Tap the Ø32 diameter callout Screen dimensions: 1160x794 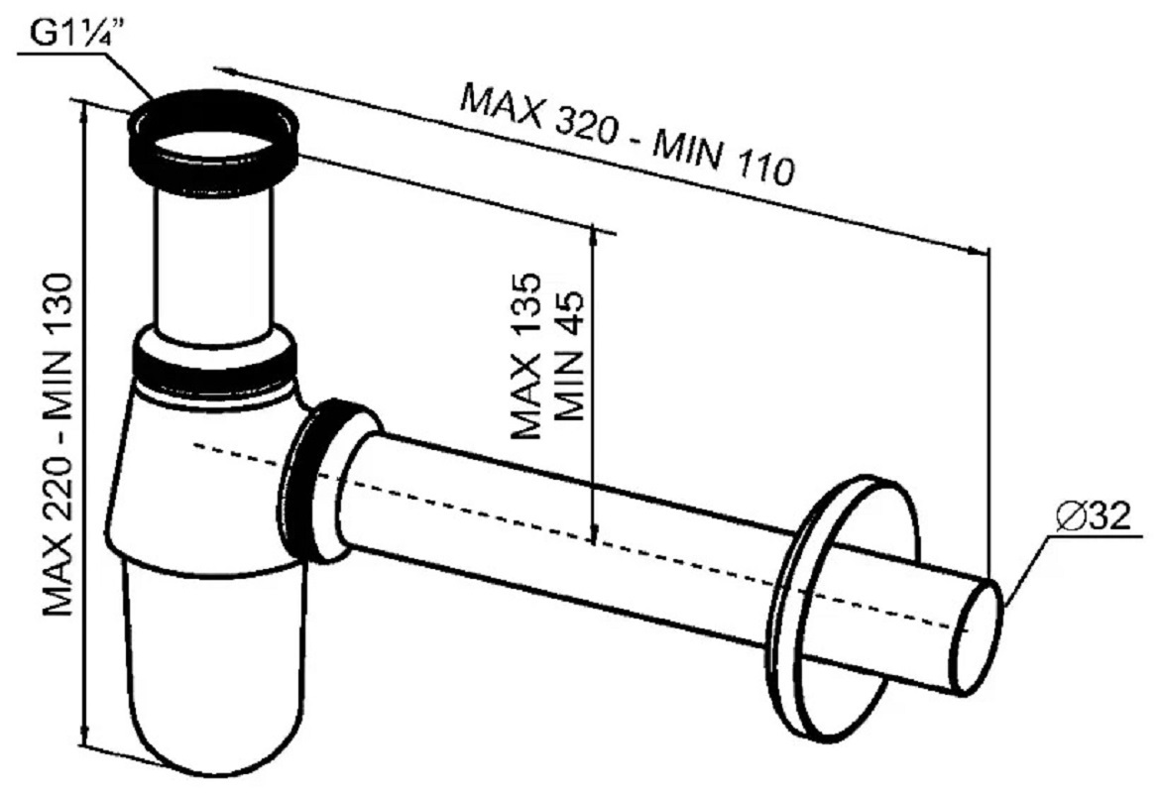pos(1094,515)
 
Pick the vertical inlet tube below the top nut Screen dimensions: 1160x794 pos(213,263)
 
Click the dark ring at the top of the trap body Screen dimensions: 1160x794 pos(214,363)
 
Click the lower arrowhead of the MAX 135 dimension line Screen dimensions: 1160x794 pos(593,534)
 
